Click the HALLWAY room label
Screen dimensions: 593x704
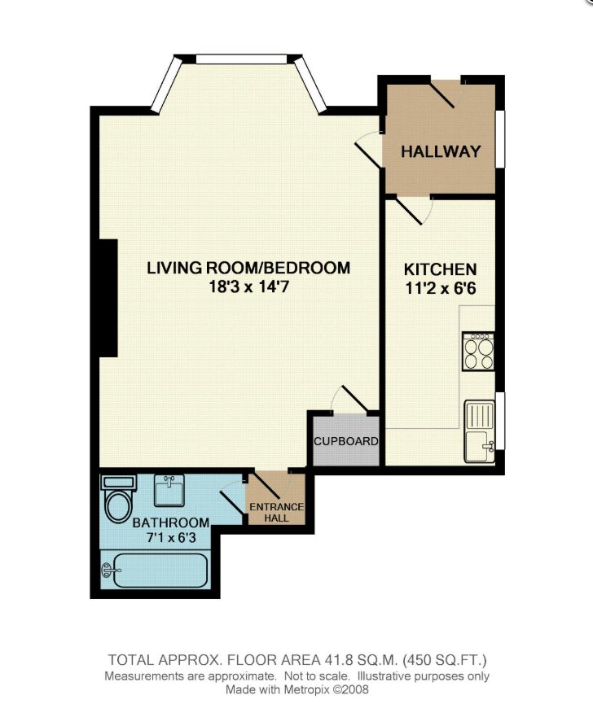coord(440,151)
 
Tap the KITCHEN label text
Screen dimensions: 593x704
coord(440,269)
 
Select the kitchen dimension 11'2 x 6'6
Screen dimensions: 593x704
coord(440,288)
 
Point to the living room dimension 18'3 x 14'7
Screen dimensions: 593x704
coord(248,286)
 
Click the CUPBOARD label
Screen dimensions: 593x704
coord(346,441)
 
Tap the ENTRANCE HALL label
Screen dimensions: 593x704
coord(277,512)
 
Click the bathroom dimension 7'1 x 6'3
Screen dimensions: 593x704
coord(171,537)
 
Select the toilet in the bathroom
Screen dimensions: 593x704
coord(117,499)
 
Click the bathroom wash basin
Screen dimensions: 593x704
coord(169,490)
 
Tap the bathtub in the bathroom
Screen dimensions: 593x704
coord(156,570)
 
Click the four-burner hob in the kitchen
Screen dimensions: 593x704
coord(478,351)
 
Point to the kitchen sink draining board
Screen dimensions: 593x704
coord(479,415)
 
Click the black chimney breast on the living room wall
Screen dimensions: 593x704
coord(108,298)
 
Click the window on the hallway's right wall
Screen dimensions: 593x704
coord(500,139)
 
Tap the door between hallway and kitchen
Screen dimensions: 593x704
coord(408,210)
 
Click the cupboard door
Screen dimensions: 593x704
coord(355,398)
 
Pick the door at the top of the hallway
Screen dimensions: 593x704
coord(442,94)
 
